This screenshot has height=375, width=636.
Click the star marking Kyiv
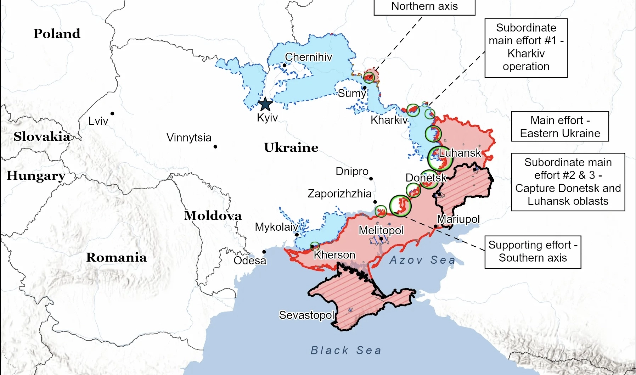(265, 105)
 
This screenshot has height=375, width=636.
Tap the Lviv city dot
(112, 113)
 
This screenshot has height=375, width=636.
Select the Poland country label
(57, 34)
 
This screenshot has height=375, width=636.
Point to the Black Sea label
(346, 350)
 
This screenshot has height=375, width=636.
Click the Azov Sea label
(422, 260)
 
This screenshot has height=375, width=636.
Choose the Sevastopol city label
(306, 315)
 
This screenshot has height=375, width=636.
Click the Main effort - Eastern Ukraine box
(560, 127)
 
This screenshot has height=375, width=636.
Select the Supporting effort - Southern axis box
(533, 252)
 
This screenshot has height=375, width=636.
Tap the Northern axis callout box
(424, 7)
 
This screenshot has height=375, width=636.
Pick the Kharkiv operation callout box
(526, 47)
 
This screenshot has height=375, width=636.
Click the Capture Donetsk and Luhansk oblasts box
(568, 182)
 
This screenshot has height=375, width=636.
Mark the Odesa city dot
(264, 252)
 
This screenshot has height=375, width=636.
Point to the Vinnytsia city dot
(215, 147)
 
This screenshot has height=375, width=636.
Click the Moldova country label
(213, 216)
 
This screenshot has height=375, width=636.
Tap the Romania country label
(116, 257)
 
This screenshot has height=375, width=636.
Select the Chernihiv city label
(309, 57)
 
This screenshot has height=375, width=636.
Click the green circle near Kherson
(315, 246)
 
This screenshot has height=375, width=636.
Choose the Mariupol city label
(458, 219)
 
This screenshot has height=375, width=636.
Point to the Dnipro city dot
(371, 179)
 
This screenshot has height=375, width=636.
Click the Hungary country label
(36, 175)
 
